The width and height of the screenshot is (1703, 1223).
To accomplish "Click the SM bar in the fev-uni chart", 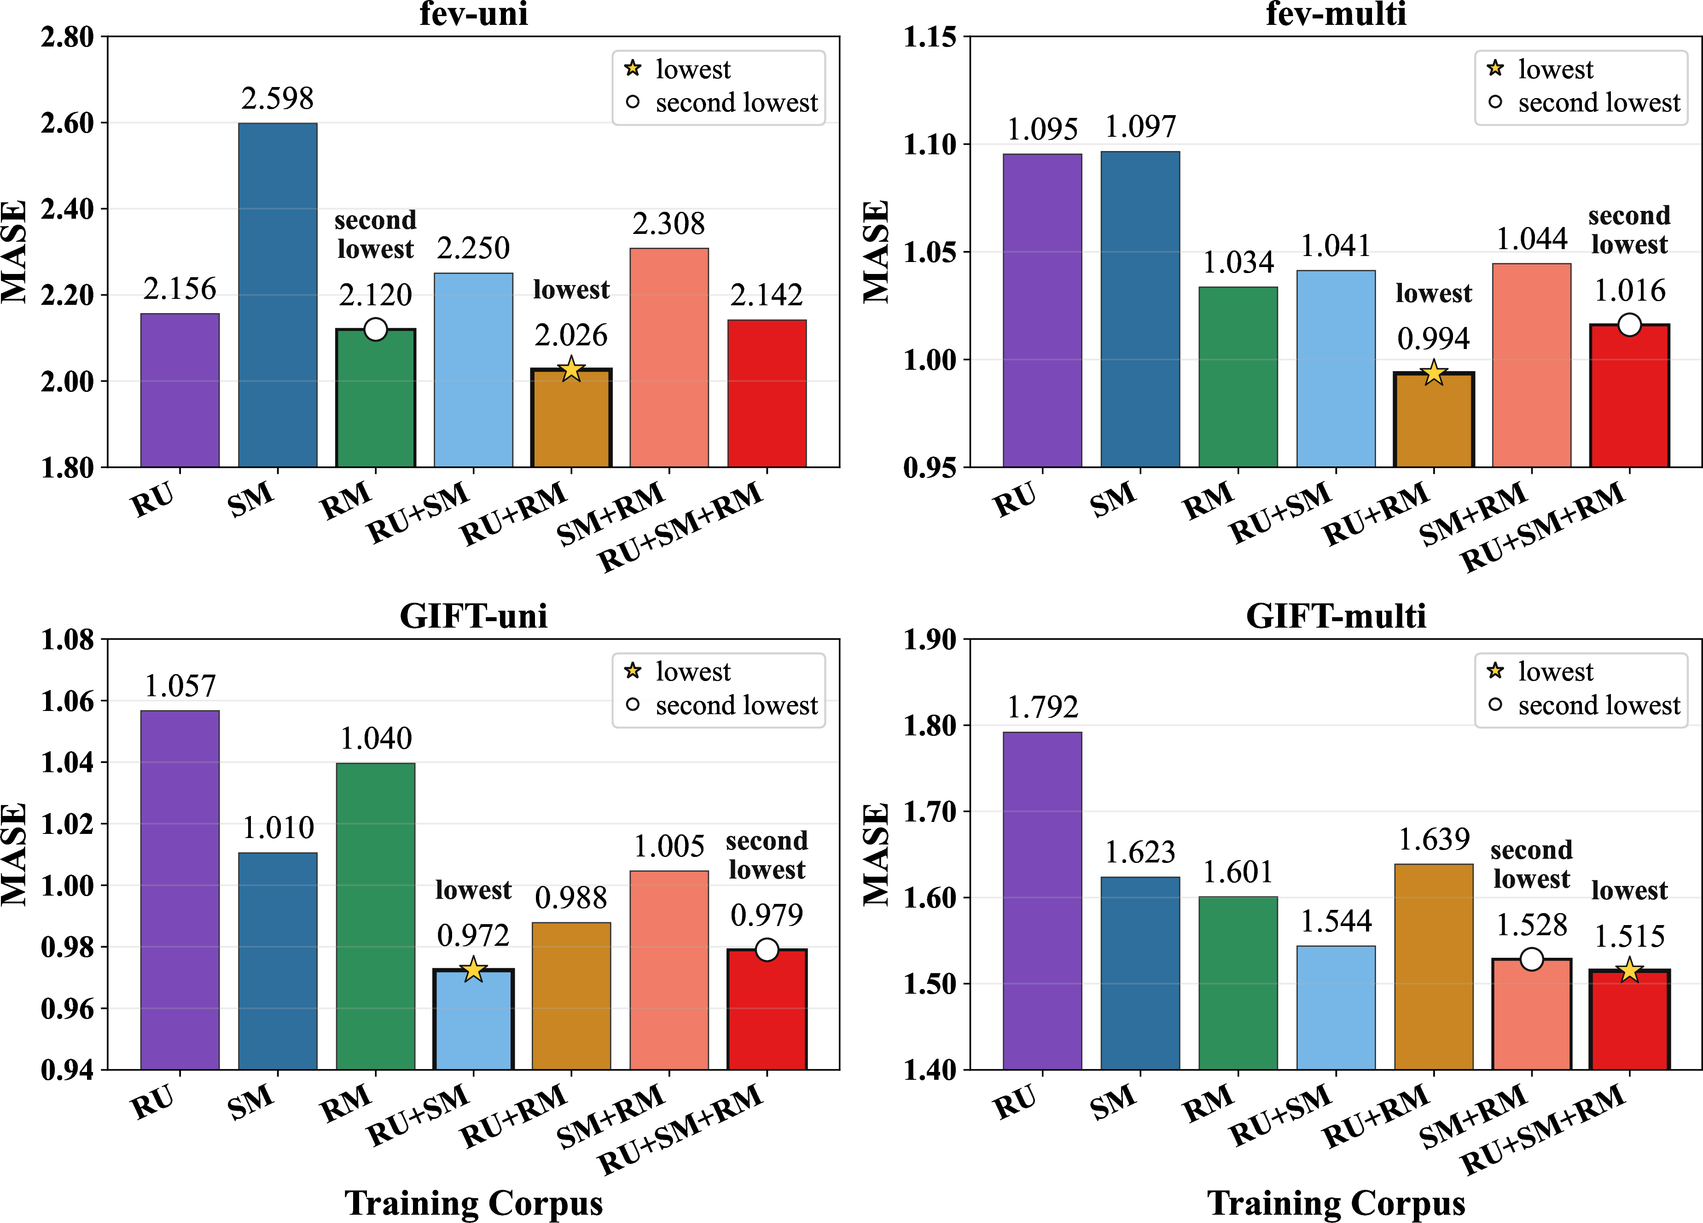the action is [278, 295].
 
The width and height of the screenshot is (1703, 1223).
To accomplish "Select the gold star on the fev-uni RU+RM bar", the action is [571, 369].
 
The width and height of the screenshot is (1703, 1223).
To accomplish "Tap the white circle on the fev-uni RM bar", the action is [375, 329].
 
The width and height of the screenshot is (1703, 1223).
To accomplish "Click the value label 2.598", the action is [278, 99].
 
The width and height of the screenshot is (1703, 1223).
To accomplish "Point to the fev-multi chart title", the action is [1336, 13].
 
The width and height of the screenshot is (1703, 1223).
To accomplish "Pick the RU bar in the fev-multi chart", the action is [1042, 310].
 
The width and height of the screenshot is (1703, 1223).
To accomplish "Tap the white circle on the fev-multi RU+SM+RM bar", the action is [1629, 325].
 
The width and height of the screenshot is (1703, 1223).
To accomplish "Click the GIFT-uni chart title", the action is [474, 616].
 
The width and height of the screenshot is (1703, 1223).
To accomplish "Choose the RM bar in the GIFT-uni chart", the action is [375, 916].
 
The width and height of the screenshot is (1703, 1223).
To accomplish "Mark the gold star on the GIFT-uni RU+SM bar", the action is [474, 969].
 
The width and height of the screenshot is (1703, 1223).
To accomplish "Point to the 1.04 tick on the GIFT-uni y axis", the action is [68, 763].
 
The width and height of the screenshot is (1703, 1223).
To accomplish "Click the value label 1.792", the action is [1042, 707].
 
